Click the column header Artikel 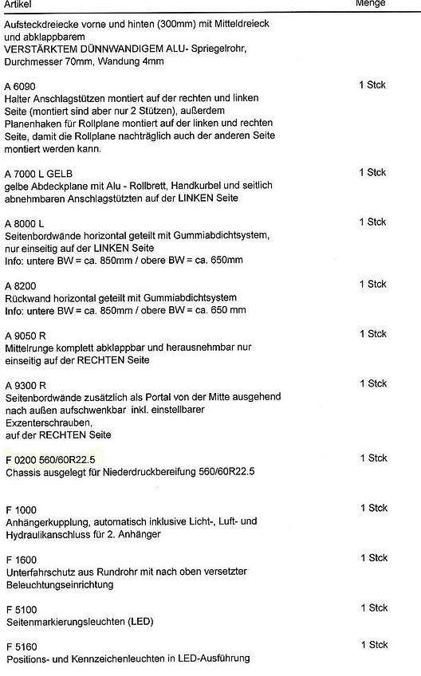[18, 3]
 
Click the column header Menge [370, 3]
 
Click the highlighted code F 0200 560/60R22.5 [50, 460]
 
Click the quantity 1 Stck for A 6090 [372, 84]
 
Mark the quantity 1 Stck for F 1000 [372, 508]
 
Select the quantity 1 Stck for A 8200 [372, 284]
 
